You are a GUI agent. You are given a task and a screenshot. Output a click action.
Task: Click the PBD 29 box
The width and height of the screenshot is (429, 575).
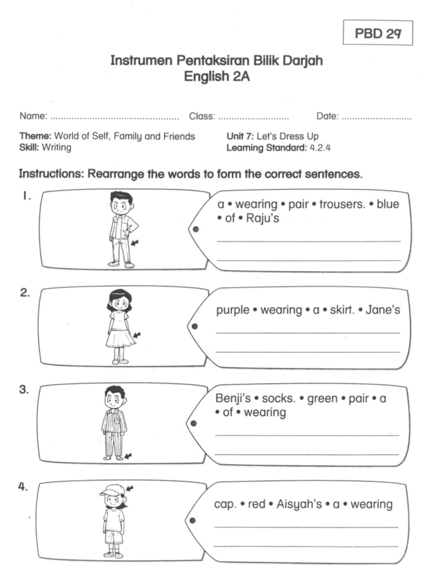[378, 33]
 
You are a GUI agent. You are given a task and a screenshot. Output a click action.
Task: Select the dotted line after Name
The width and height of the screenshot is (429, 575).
[114, 117]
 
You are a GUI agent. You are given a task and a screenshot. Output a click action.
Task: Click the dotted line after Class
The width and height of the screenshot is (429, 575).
[253, 117]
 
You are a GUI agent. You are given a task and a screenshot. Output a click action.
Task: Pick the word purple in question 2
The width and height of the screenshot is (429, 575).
[233, 310]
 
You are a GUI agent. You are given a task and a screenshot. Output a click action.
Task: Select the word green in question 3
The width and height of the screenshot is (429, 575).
[322, 399]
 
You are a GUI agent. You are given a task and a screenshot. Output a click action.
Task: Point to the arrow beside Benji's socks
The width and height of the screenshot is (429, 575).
[127, 456]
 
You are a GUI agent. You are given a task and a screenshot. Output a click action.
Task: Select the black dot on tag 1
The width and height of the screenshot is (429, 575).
[195, 229]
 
